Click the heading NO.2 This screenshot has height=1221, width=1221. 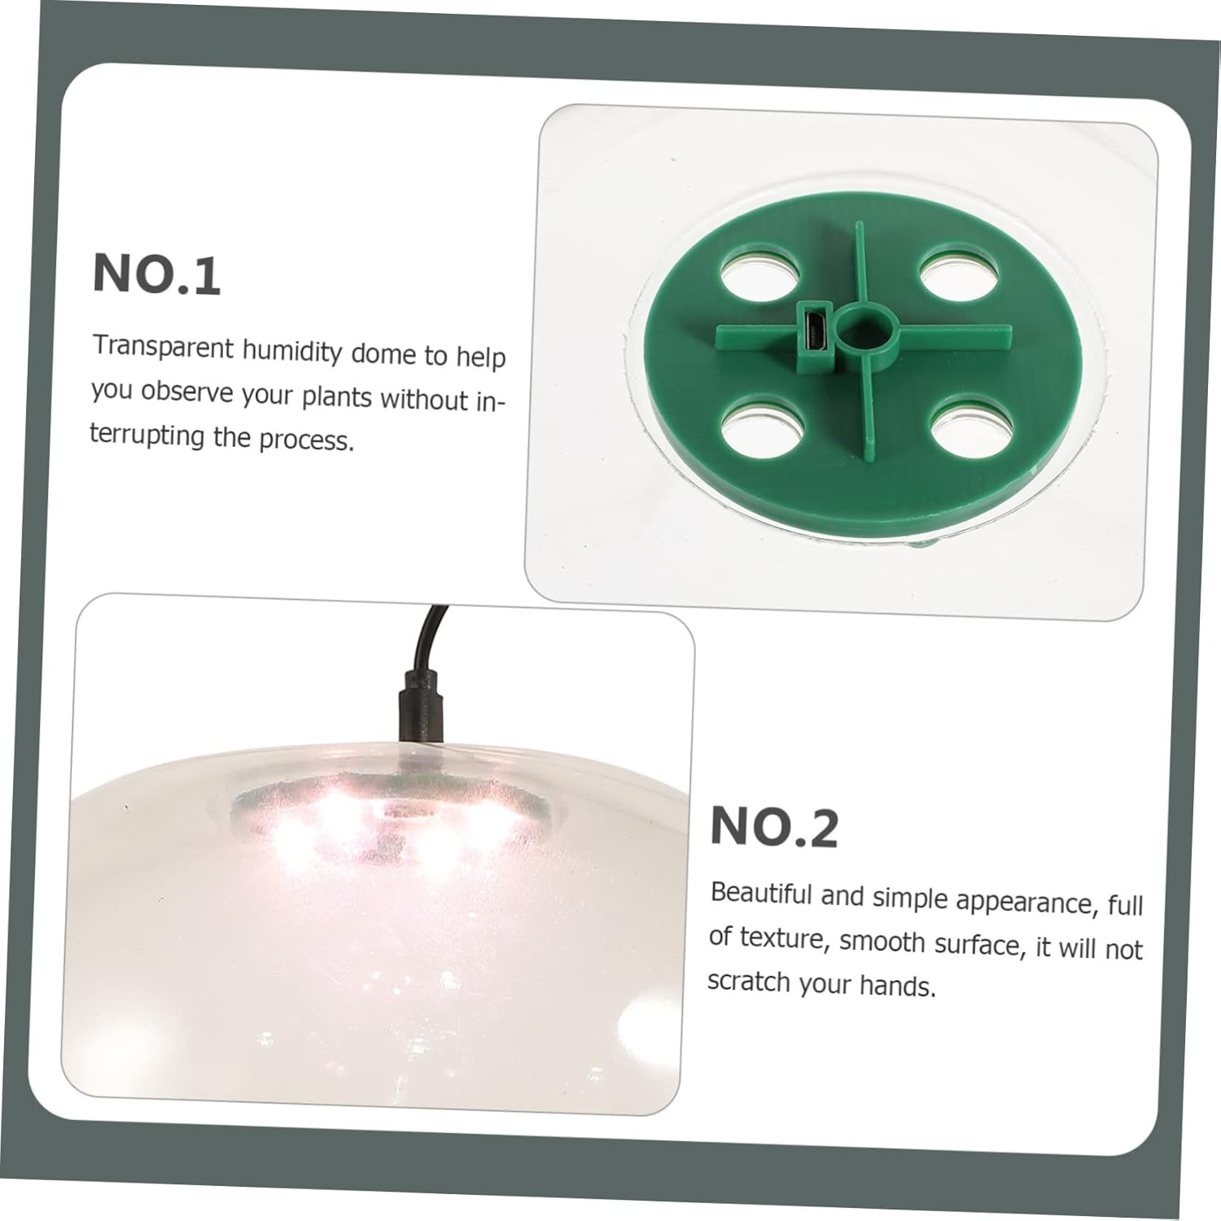click(774, 827)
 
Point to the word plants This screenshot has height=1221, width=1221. click(337, 397)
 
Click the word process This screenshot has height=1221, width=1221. click(307, 440)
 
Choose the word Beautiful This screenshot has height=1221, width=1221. click(761, 893)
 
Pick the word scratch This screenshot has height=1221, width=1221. click(749, 981)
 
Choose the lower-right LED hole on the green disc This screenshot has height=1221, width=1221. click(971, 422)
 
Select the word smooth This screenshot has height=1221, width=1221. click(883, 943)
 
